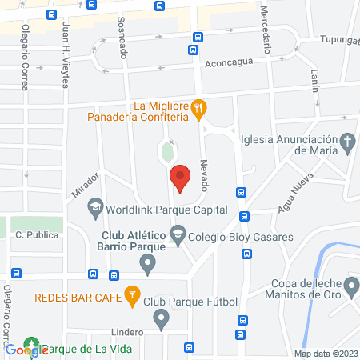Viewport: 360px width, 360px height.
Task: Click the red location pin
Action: point(180,177)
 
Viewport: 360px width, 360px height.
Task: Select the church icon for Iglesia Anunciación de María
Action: point(347,143)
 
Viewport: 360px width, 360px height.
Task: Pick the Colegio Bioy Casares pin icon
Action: point(178,237)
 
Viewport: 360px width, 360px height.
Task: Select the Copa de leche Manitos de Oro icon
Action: point(351,285)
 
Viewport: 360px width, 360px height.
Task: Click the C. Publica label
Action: point(33,236)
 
